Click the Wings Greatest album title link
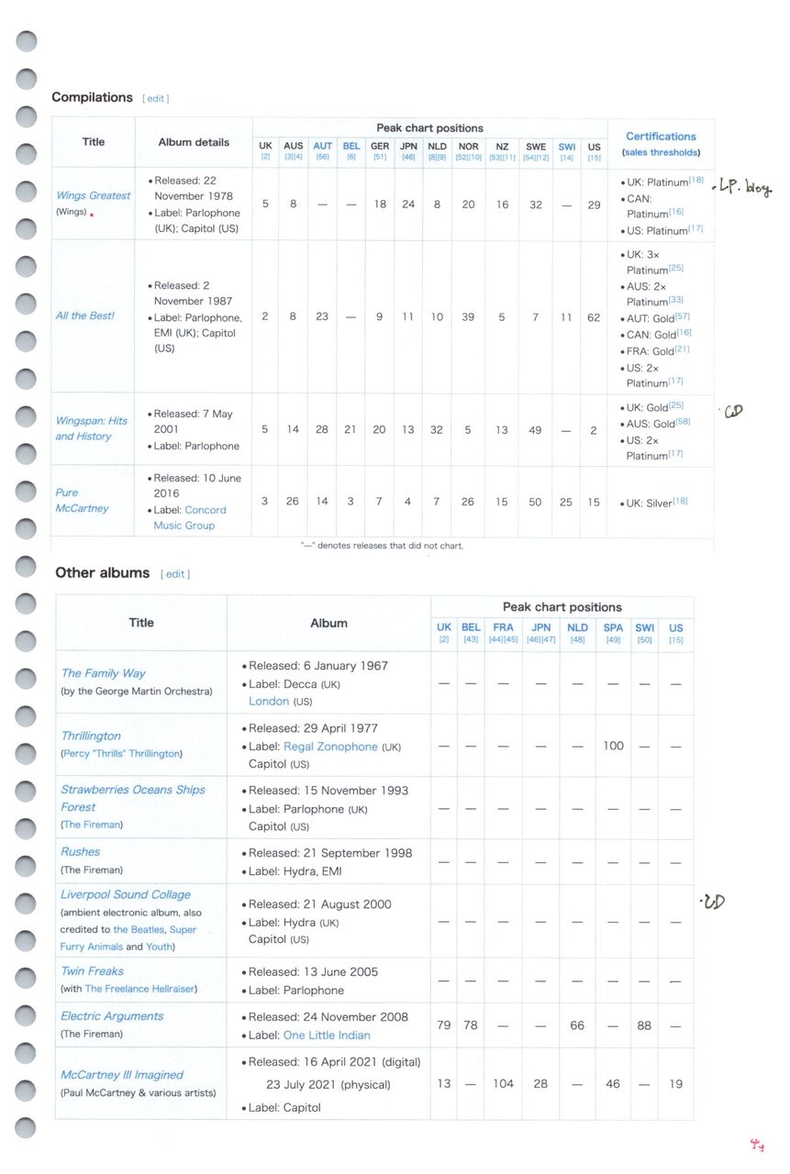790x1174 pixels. point(93,195)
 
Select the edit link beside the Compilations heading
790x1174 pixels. point(156,98)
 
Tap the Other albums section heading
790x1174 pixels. point(102,573)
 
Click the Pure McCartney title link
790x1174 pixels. point(82,501)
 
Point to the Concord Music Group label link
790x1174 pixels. point(189,517)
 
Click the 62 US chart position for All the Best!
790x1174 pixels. point(594,316)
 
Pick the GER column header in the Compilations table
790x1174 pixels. point(380,147)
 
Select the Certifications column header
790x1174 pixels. point(661,137)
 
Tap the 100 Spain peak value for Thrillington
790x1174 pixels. point(613,746)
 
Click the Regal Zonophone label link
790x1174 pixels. point(330,747)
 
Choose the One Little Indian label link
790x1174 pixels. point(327,1036)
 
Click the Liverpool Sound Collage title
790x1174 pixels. point(126,894)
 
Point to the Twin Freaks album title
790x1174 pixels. point(92,971)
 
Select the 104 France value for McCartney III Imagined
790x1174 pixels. point(503,1083)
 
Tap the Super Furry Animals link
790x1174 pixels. point(128,938)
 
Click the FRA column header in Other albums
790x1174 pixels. point(503,628)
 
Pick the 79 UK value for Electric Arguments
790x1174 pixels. point(444,1025)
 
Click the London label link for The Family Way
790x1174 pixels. point(269,701)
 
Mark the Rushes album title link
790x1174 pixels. point(81,852)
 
